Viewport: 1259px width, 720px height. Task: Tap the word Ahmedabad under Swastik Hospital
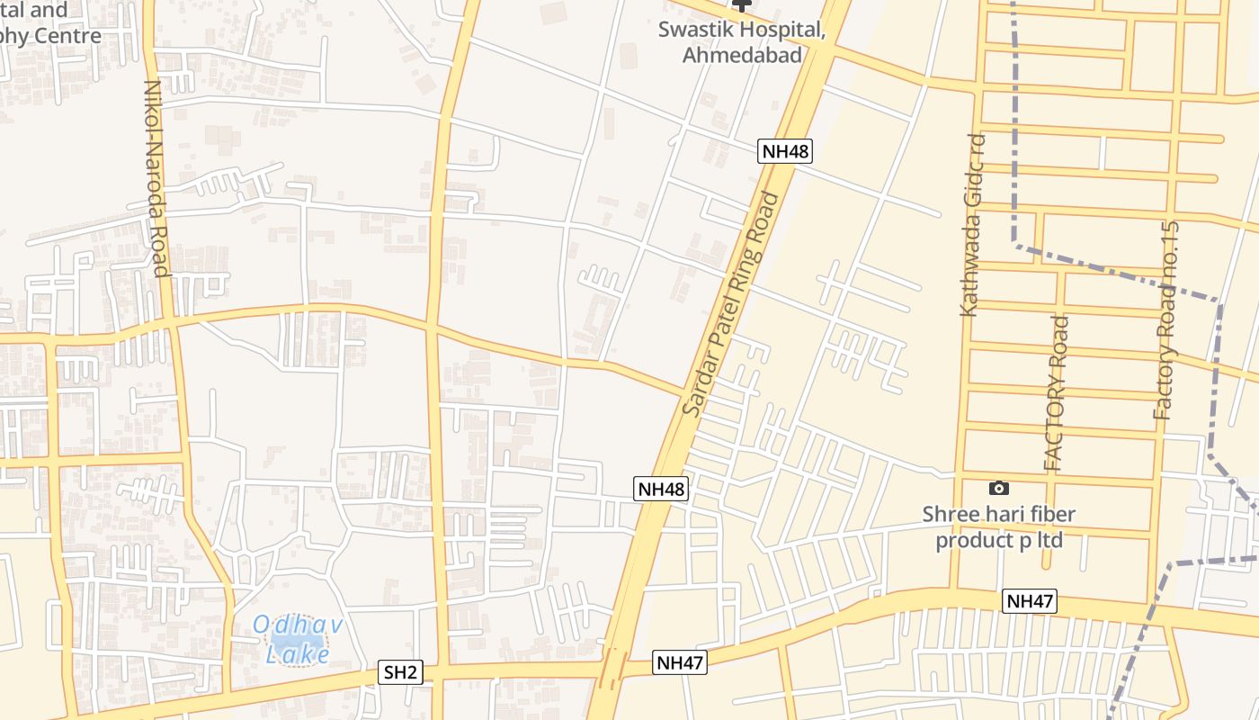click(x=743, y=54)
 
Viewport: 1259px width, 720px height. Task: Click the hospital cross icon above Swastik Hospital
click(x=741, y=5)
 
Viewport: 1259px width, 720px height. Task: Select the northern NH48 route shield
click(x=785, y=151)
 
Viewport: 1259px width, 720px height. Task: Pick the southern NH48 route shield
click(x=661, y=489)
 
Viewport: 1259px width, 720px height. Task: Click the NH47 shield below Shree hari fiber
click(x=1031, y=601)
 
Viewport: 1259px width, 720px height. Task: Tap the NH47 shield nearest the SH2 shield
click(x=680, y=663)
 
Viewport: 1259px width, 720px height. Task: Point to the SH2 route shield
click(x=401, y=672)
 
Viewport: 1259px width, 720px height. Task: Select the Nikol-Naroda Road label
click(x=156, y=178)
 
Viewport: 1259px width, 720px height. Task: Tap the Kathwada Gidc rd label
click(x=973, y=225)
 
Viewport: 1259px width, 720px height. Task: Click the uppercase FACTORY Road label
click(x=1058, y=392)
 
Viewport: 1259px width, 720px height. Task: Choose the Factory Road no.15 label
click(x=1166, y=319)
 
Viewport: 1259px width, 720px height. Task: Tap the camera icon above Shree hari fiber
click(x=998, y=489)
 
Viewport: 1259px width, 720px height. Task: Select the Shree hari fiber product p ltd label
click(x=999, y=527)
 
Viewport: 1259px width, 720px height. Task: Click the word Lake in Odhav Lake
click(x=298, y=654)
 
